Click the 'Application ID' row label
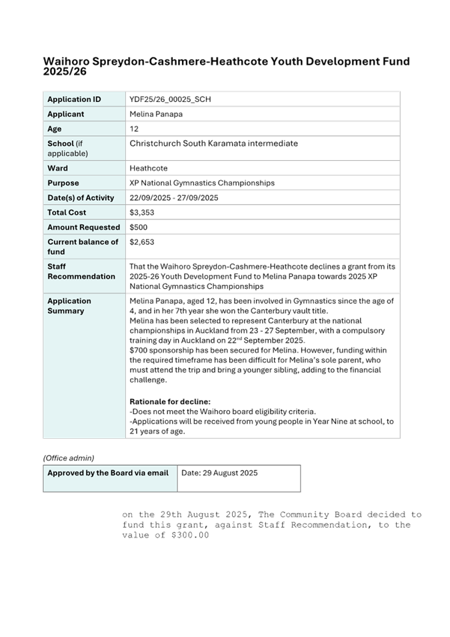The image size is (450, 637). (74, 99)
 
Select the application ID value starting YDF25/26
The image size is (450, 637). (170, 99)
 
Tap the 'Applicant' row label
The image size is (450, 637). (65, 114)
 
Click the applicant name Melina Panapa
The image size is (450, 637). (156, 114)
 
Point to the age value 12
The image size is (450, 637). (133, 129)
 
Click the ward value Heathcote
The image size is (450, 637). (148, 168)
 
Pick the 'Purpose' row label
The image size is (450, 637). (63, 183)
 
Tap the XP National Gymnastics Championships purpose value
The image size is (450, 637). (201, 183)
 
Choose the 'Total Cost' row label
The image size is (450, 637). (67, 212)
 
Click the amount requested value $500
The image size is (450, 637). (138, 227)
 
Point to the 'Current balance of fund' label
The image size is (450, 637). (83, 247)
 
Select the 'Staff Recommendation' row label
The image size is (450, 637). (81, 271)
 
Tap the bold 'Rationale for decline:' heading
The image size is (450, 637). (169, 402)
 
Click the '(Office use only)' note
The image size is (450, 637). (68, 458)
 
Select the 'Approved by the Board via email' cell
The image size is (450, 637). (108, 473)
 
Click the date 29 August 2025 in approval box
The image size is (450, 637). (219, 473)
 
